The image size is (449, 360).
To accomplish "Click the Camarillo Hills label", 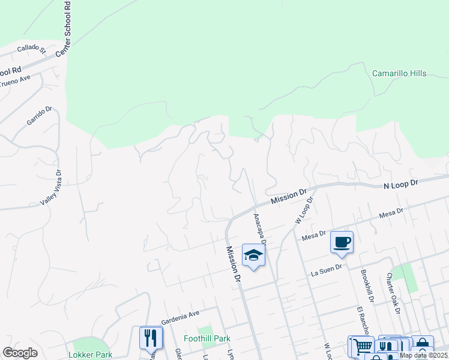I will coord(399,74).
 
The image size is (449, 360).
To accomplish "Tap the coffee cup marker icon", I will coord(342,242).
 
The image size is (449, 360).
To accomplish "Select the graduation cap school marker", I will coord(253,255).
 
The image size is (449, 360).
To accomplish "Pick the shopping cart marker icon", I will coord(362,347).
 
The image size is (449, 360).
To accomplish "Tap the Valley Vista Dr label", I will coord(52,188).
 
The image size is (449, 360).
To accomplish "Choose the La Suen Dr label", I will coord(326,272).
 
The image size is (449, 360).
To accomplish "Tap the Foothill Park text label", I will coord(207,339).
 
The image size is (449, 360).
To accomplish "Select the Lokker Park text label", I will coord(91,355).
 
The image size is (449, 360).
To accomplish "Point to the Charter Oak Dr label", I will coord(393,293).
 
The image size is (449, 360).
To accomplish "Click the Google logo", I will coord(20,353).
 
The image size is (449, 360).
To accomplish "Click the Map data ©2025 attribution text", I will coord(423,355).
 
